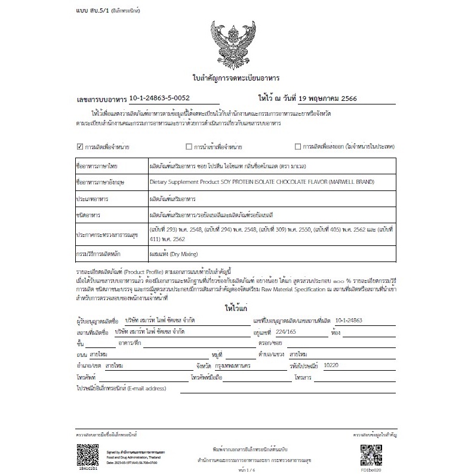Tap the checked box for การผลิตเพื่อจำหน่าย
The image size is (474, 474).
pyautogui.click(x=80, y=146)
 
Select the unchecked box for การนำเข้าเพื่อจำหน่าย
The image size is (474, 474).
pyautogui.click(x=189, y=146)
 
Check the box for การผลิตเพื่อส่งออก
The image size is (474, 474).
pyautogui.click(x=298, y=146)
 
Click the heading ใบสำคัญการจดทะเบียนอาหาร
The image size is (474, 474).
pyautogui.click(x=236, y=78)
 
